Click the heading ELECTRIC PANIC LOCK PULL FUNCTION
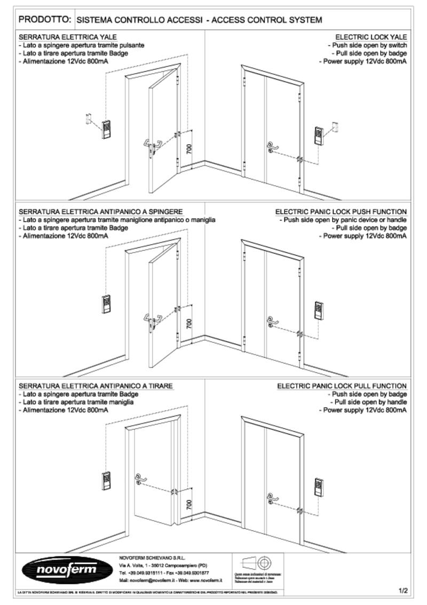tap(342, 386)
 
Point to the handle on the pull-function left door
tap(141, 477)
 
